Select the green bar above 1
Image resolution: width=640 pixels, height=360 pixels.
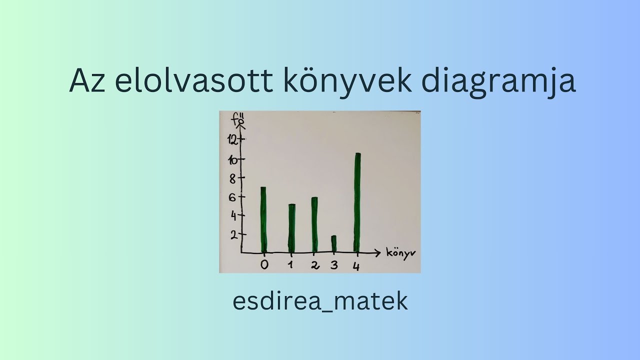[291, 227]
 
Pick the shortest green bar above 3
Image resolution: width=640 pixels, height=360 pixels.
[334, 243]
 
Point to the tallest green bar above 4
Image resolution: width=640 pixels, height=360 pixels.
[357, 202]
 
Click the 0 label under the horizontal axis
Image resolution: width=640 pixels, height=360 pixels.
[264, 264]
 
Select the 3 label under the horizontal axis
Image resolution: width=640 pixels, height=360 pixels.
[333, 264]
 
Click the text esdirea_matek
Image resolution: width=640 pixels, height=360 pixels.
[320, 301]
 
